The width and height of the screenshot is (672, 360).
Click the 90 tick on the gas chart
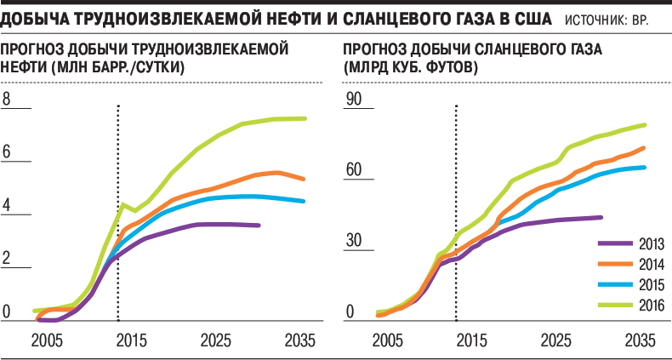click(x=353, y=100)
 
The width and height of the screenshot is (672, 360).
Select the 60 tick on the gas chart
click(x=353, y=171)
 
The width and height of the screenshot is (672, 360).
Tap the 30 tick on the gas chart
click(x=353, y=242)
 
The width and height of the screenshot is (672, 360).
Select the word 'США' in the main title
click(x=530, y=17)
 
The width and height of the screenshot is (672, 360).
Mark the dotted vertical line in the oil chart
click(x=117, y=213)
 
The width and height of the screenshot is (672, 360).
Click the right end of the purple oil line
click(x=259, y=225)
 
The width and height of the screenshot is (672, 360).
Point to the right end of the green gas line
click(x=645, y=125)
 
